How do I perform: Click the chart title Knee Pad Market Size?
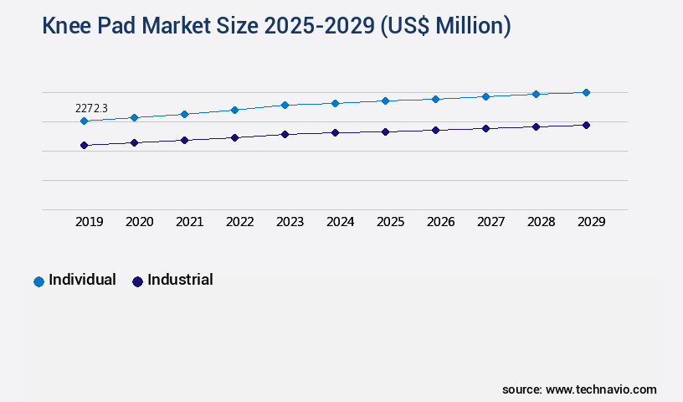click(276, 26)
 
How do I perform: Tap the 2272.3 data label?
click(91, 108)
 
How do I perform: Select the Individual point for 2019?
click(84, 121)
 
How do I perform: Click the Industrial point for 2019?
click(84, 145)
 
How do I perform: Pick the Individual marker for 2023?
click(285, 105)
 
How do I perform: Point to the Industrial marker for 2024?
click(335, 132)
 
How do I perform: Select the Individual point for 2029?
click(586, 92)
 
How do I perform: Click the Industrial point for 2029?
click(586, 125)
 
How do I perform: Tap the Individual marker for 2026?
click(435, 99)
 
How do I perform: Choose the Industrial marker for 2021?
click(184, 140)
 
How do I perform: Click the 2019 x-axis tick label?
click(90, 222)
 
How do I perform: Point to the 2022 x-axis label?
click(240, 222)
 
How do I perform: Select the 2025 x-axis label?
click(391, 222)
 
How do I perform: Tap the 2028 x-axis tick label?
click(542, 222)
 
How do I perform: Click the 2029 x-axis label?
click(592, 222)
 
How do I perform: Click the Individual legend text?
click(82, 280)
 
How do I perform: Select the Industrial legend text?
click(180, 280)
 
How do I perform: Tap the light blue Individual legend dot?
click(39, 281)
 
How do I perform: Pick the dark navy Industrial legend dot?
click(137, 281)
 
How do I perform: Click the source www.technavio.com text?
click(579, 389)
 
